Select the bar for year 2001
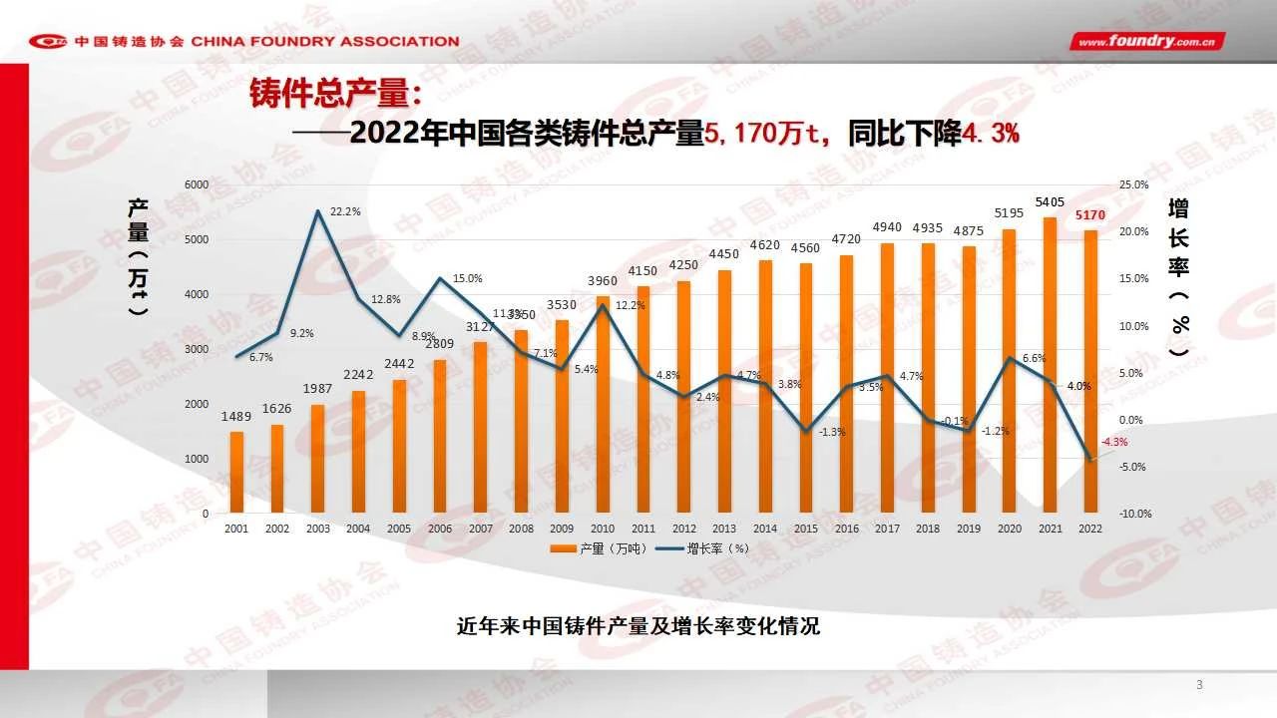236,473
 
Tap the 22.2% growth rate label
345,211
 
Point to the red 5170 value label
1089,214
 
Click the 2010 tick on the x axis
602,529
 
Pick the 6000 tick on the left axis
197,185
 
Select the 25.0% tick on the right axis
1135,185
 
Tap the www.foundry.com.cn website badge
1147,42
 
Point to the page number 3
1199,684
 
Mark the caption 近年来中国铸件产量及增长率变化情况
638,626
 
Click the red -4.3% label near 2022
1113,442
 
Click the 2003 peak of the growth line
318,211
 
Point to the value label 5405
1049,202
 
